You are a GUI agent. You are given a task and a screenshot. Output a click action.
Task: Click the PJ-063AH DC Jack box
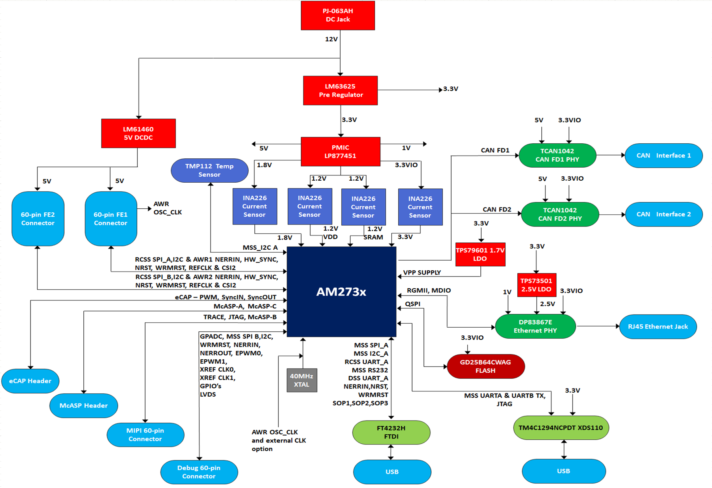click(338, 15)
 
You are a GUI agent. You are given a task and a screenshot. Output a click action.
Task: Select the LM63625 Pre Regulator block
click(340, 91)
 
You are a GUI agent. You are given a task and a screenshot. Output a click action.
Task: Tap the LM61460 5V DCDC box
click(138, 133)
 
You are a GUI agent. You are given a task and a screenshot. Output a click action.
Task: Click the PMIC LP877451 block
click(340, 151)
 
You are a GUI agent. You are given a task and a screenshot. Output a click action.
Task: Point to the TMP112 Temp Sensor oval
click(209, 171)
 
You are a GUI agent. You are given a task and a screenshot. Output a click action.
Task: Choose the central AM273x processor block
click(341, 292)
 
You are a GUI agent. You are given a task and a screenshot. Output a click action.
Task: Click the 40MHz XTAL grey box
click(302, 380)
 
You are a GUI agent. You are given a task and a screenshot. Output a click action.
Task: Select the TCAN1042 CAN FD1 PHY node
click(557, 155)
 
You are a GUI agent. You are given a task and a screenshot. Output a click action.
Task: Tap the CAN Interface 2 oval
click(664, 214)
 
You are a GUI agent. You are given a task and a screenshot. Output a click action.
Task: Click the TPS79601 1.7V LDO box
click(480, 255)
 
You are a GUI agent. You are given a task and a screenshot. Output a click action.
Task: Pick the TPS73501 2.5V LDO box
click(536, 285)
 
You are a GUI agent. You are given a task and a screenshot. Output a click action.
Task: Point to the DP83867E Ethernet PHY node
click(535, 326)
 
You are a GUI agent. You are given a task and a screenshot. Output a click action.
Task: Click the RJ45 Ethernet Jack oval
click(658, 326)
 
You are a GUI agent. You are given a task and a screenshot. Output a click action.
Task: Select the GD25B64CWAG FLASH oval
click(485, 366)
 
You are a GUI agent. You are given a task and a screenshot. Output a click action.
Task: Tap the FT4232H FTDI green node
click(391, 432)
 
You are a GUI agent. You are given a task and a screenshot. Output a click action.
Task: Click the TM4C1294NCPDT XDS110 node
click(560, 428)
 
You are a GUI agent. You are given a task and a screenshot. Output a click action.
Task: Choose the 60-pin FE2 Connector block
click(38, 219)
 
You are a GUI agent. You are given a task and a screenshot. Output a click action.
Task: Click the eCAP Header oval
click(30, 381)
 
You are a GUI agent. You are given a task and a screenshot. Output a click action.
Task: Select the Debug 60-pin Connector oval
click(199, 472)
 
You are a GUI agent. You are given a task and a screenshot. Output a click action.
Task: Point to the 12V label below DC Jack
click(331, 39)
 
